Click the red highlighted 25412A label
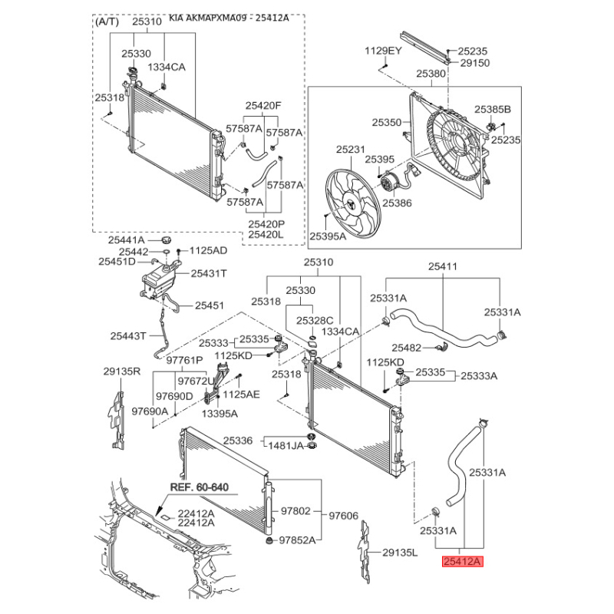[463, 562]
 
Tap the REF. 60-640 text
[200, 487]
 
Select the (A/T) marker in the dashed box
[107, 21]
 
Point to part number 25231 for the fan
[351, 149]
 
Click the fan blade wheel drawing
[353, 203]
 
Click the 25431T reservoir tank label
[209, 273]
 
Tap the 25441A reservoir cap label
[127, 240]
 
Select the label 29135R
[122, 371]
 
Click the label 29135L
[400, 553]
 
